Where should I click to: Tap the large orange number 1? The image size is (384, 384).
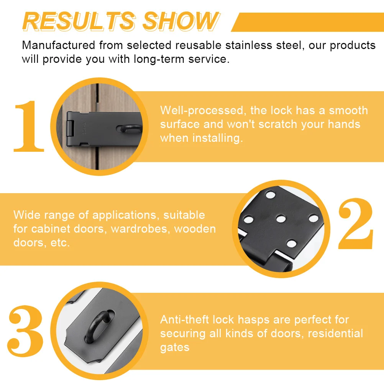29,126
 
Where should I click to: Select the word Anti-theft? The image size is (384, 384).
184,320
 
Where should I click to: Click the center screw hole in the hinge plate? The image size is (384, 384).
281,219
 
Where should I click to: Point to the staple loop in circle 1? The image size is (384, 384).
130,129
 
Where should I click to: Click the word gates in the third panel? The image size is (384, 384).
175,347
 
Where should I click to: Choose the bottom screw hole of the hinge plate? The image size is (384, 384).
291,243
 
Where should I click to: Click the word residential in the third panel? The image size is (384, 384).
335,333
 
